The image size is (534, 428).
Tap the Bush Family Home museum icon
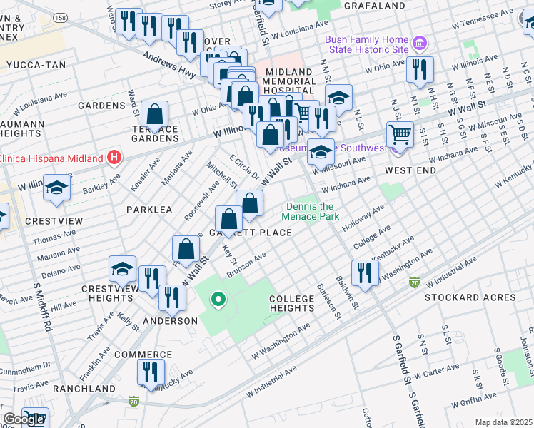click(420, 45)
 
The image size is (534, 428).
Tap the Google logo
click(24, 419)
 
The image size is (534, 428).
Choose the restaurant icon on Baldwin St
click(364, 272)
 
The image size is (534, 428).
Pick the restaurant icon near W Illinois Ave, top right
click(419, 70)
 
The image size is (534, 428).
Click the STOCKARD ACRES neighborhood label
click(470, 297)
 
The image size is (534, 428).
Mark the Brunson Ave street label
click(246, 264)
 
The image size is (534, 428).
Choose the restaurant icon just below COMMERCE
click(151, 372)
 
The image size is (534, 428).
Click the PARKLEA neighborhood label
click(149, 210)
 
